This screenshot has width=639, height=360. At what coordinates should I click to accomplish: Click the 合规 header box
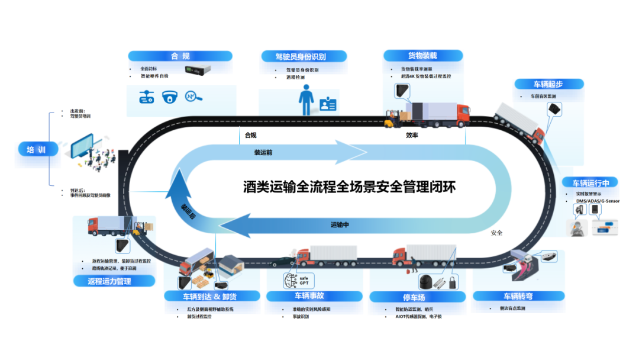180,56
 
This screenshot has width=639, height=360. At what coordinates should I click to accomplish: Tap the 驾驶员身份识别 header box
301,57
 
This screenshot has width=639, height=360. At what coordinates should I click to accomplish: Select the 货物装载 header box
422,56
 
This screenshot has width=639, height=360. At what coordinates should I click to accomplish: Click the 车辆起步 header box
548,84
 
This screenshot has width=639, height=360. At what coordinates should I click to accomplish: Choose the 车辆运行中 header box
590,182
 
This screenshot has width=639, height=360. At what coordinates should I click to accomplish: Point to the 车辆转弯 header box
515,296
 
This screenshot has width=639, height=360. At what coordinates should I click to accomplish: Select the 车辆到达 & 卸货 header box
212,296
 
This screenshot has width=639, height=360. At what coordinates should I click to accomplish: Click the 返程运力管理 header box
109,281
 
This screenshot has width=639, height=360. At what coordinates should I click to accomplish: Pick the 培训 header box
40,150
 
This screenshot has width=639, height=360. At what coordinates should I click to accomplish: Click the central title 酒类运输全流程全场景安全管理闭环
350,187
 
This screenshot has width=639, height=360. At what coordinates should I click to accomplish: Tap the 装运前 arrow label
263,152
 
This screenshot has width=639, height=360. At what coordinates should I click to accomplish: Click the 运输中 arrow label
340,225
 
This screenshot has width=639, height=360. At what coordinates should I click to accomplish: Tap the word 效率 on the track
412,136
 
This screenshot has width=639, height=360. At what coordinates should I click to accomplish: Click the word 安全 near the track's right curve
496,233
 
